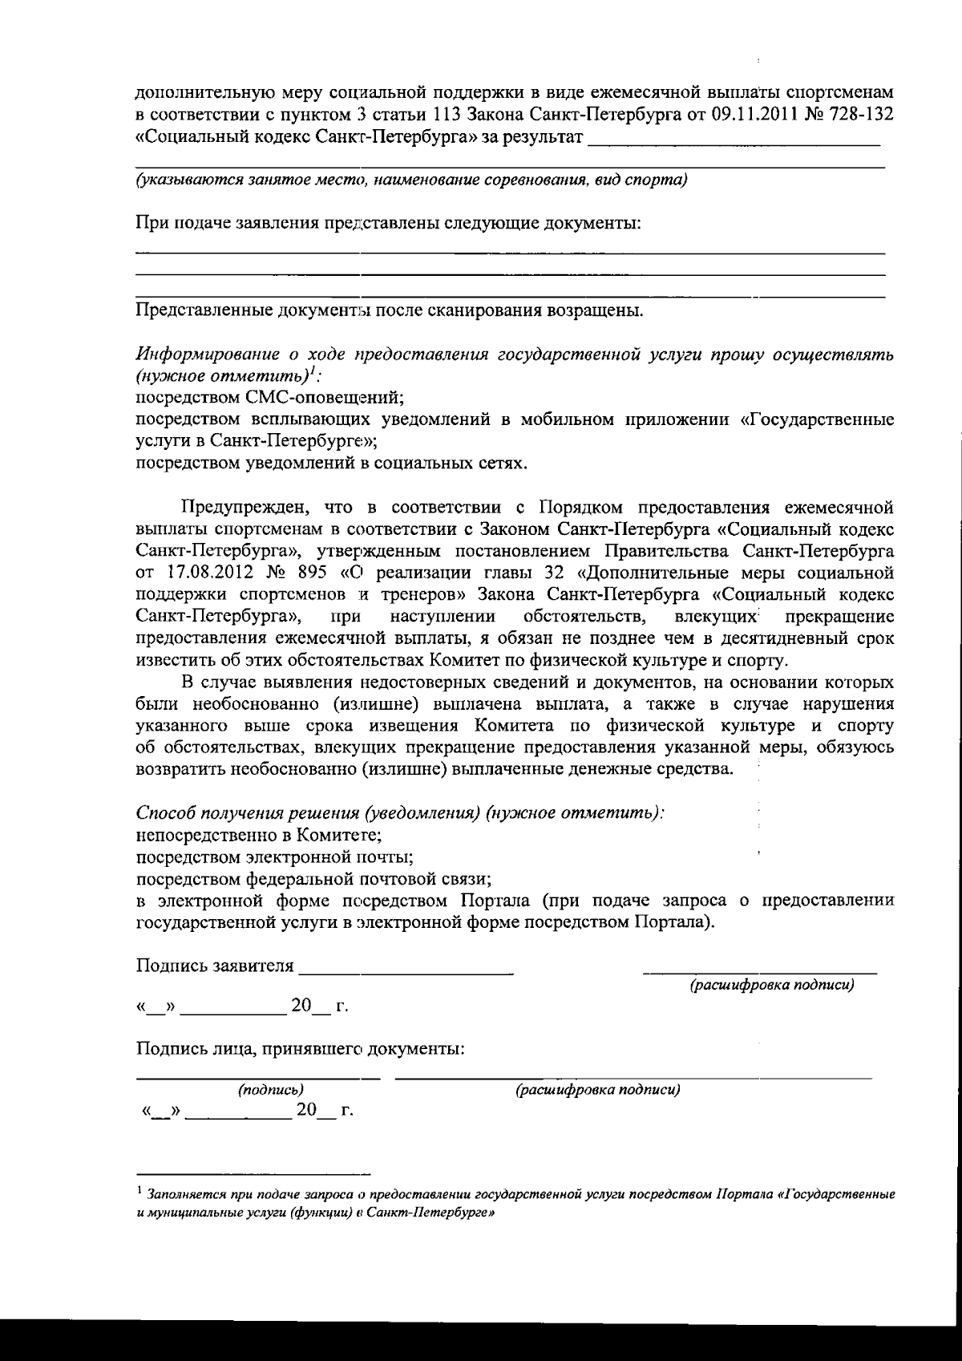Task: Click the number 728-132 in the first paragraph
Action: [855, 115]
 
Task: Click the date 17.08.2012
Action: [205, 573]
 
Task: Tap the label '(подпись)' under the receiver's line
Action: [270, 1090]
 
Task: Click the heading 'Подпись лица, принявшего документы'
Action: [300, 1048]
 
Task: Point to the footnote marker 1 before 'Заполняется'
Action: [139, 1191]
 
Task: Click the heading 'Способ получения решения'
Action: [249, 812]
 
